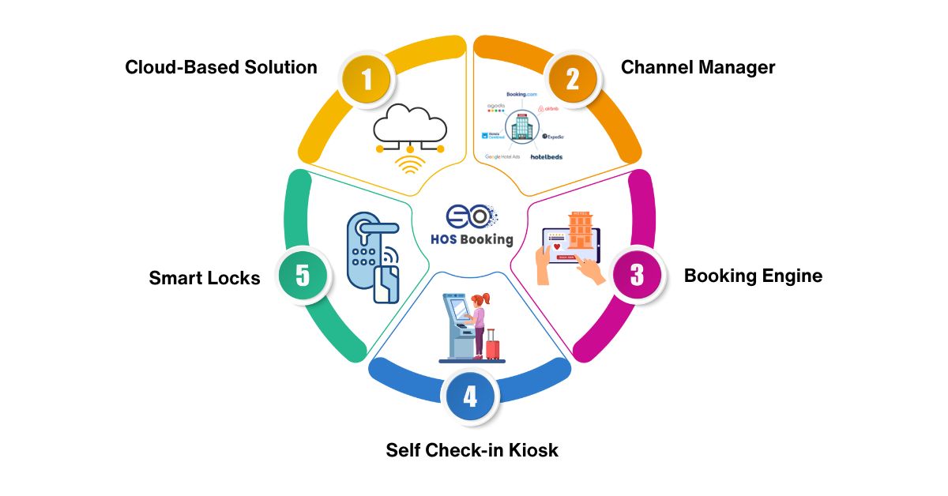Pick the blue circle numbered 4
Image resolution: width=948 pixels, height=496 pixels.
tap(471, 394)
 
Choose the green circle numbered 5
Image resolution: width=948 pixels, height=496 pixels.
tap(303, 276)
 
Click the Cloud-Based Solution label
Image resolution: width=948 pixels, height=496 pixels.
tap(221, 67)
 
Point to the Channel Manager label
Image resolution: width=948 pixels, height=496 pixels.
tap(698, 67)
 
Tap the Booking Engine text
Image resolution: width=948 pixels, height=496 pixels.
tap(753, 276)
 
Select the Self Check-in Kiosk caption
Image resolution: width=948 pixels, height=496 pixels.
tap(472, 450)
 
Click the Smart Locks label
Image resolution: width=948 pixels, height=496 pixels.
tap(205, 278)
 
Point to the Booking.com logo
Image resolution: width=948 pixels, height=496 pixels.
tap(521, 94)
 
